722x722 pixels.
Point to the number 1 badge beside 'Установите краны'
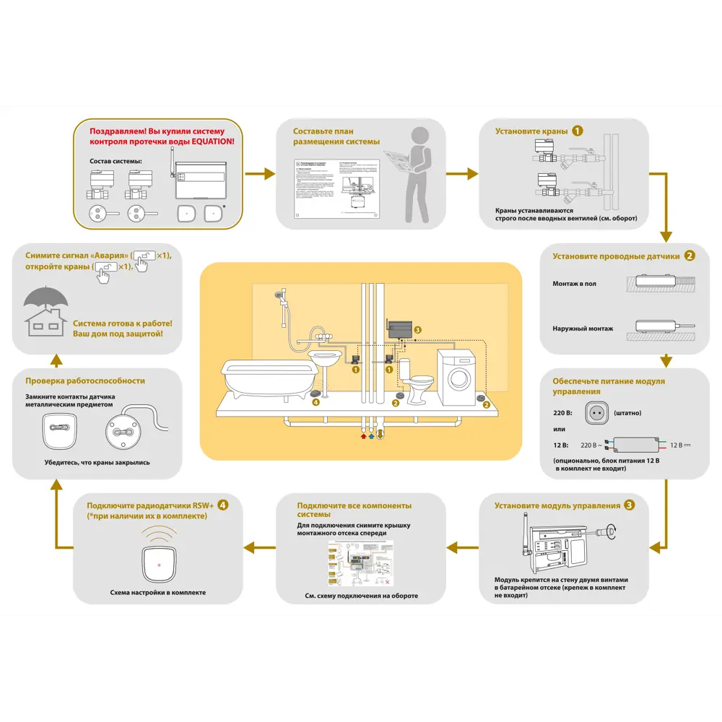(x=578, y=131)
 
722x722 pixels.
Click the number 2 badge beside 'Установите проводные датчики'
(x=690, y=255)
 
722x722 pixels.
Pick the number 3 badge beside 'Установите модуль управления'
(x=630, y=505)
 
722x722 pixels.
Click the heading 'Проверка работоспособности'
(x=85, y=380)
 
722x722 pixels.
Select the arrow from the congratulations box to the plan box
(x=260, y=173)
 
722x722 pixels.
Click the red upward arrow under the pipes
(x=364, y=435)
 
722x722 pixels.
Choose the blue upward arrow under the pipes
(x=373, y=435)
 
